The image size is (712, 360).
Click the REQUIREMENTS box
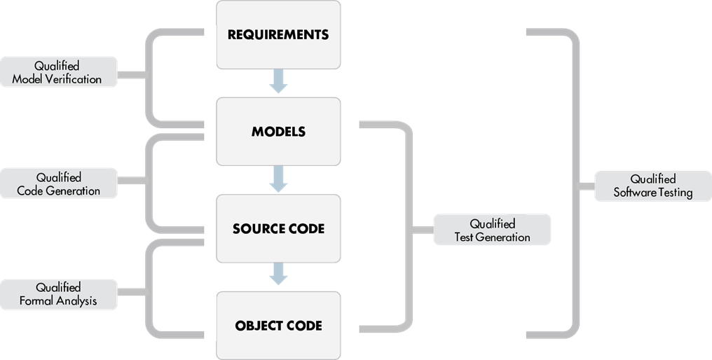point(278,34)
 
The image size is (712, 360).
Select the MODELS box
point(278,132)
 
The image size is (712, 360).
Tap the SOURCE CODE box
point(278,229)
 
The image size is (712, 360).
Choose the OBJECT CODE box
point(278,326)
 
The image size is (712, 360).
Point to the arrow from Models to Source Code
point(278,179)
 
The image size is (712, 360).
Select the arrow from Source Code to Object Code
point(278,275)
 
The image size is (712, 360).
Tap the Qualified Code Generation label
point(58,184)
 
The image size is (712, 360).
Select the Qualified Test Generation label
point(492,230)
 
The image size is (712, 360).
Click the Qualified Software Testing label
point(652,186)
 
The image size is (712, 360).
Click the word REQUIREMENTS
point(278,34)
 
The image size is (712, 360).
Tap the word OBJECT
point(255,326)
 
